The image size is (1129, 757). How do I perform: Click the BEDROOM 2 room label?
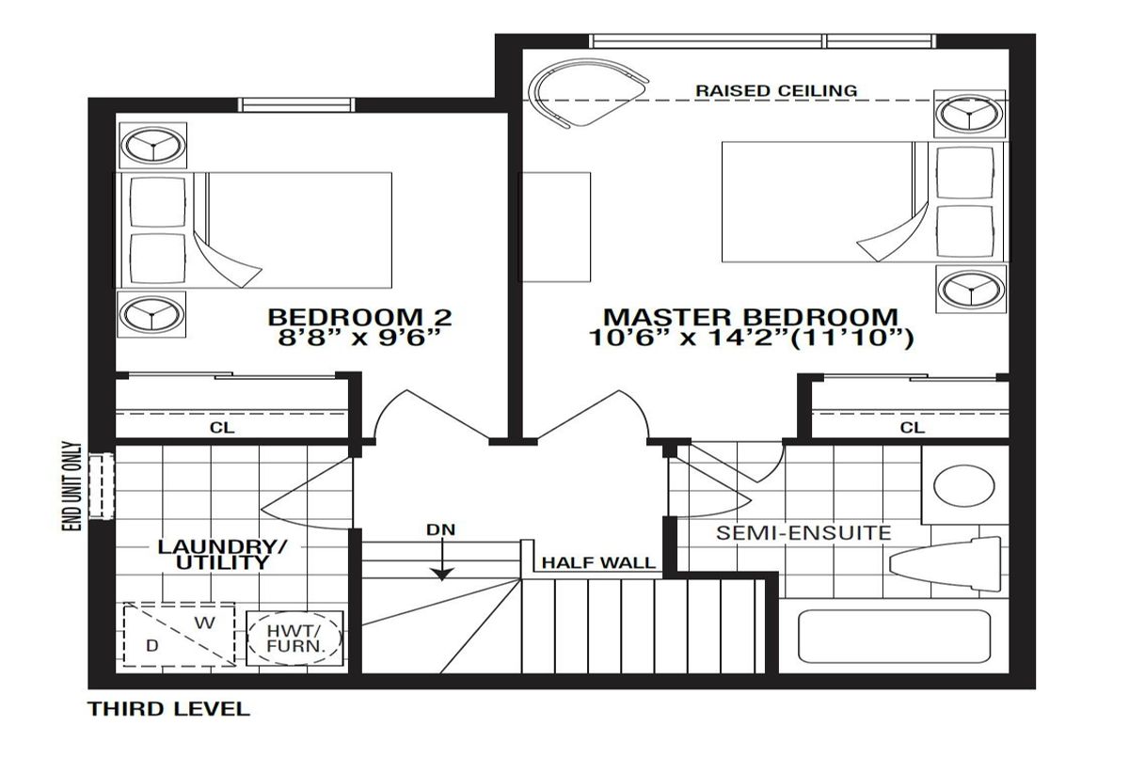click(x=359, y=317)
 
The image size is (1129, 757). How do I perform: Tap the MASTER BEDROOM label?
click(x=751, y=317)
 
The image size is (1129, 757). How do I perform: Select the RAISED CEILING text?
click(x=776, y=90)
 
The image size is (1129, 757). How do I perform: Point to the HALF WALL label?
click(x=598, y=562)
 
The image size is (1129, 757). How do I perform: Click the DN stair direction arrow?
click(x=442, y=560)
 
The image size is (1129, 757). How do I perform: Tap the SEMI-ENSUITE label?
click(x=803, y=533)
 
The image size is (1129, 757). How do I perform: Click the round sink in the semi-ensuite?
click(x=963, y=486)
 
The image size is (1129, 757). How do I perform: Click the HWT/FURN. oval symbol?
click(x=294, y=639)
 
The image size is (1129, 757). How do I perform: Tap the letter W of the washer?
click(x=205, y=623)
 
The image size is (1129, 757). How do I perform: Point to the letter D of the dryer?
click(x=151, y=645)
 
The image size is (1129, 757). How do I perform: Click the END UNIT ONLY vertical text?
click(x=72, y=486)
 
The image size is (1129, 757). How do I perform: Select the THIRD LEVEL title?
click(x=168, y=709)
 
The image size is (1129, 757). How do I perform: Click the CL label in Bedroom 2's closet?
click(x=222, y=428)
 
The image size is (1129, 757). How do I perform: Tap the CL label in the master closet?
click(x=913, y=428)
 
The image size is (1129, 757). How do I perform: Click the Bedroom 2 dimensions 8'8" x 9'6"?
click(x=359, y=338)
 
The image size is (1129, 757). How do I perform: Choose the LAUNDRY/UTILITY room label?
click(x=222, y=555)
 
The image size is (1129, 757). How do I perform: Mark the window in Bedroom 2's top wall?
click(x=296, y=104)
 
